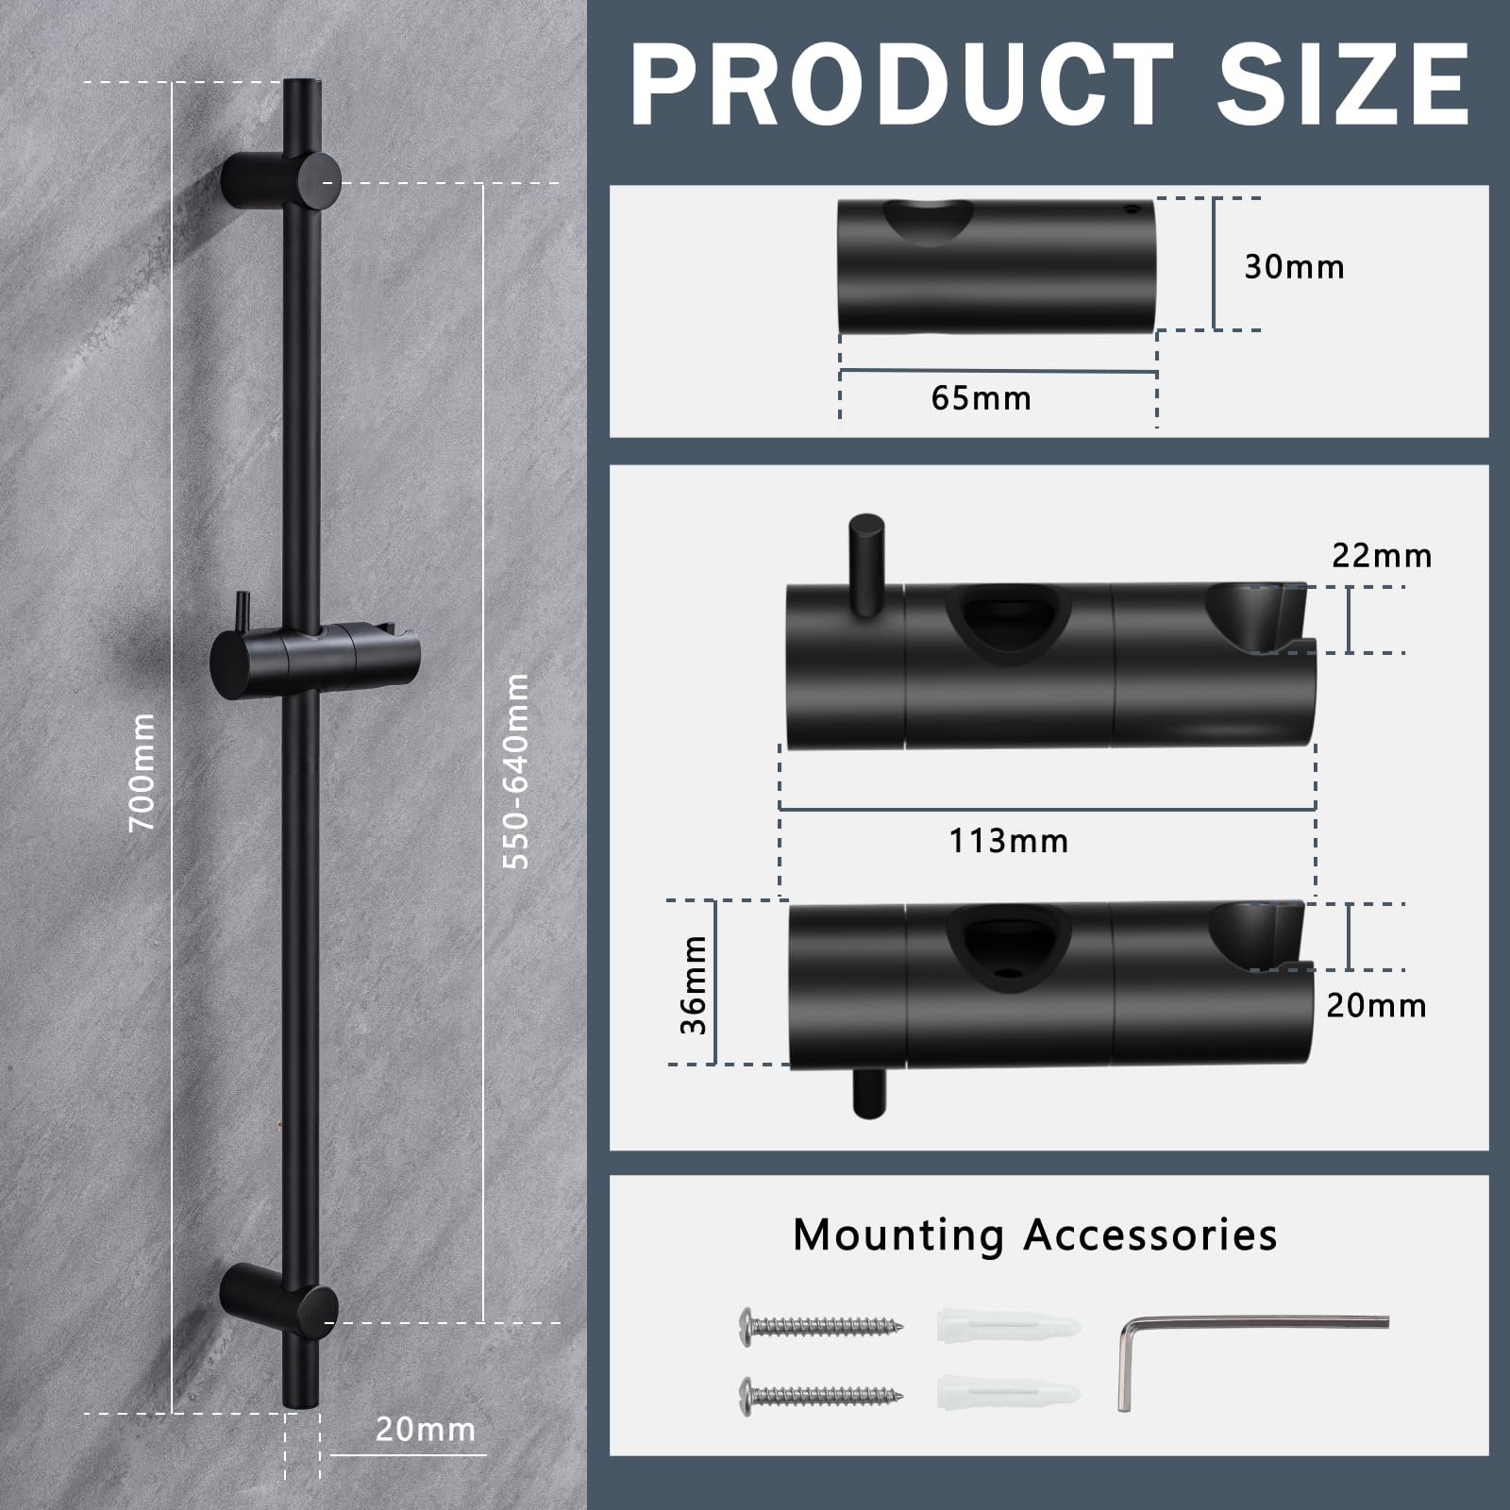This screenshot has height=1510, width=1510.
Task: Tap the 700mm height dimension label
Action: click(x=143, y=771)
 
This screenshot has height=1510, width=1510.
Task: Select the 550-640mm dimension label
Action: click(x=516, y=770)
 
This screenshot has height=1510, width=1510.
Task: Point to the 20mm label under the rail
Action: click(x=426, y=1430)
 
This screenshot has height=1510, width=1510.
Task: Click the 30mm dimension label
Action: click(x=1294, y=267)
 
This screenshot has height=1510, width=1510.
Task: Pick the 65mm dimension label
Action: click(x=981, y=398)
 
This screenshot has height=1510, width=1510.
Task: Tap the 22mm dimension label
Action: click(x=1382, y=556)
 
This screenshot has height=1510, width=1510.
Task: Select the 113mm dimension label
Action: click(x=1009, y=841)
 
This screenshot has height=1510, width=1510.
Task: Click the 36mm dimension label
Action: click(x=694, y=984)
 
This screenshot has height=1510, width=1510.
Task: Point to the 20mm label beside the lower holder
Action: click(x=1376, y=1006)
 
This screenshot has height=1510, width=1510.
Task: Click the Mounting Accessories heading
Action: click(x=1035, y=1234)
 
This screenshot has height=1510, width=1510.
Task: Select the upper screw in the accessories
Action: click(x=820, y=1326)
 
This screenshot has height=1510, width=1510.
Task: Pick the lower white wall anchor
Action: click(x=1009, y=1394)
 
